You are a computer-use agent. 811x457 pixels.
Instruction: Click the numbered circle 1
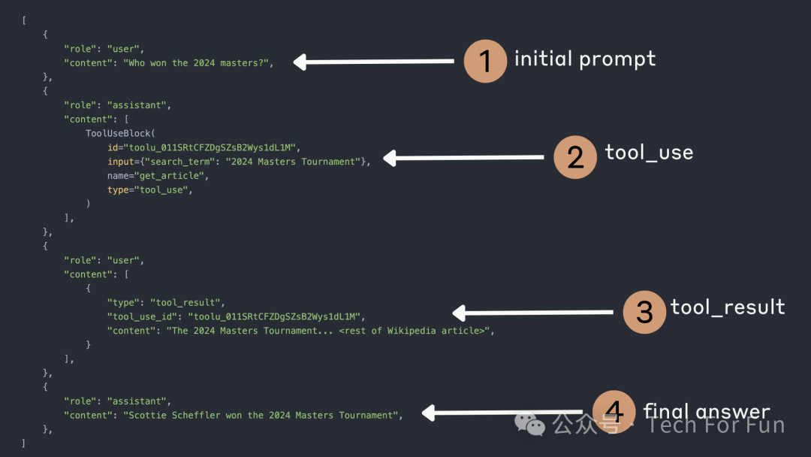pos(486,60)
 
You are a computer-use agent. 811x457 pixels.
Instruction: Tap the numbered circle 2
pos(575,156)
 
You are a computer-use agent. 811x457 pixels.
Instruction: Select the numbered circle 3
pos(644,311)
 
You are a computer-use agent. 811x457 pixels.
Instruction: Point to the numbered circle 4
pos(614,412)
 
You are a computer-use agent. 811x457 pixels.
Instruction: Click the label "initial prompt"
pos(585,59)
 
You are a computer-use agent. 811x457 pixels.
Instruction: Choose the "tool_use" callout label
pos(649,153)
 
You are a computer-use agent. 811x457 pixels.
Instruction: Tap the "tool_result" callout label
pos(728,307)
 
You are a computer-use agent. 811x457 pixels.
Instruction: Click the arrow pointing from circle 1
pos(374,62)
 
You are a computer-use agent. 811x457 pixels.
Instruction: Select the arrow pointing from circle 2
pos(463,158)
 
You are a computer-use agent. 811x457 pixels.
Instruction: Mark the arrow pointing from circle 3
pos(532,313)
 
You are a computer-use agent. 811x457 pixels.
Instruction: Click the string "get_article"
pos(173,176)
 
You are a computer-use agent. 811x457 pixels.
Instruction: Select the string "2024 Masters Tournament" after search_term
pos(293,162)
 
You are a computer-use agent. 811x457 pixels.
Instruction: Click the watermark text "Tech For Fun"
pos(716,425)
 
